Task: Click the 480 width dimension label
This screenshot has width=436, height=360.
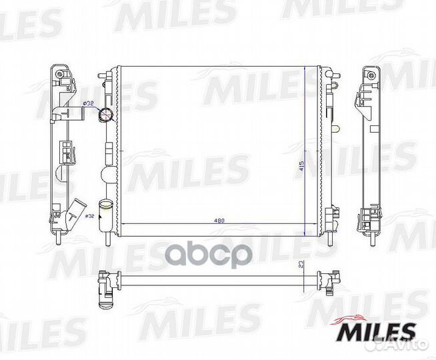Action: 219,221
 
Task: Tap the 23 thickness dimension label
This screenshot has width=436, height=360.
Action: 300,265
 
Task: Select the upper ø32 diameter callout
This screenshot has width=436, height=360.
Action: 88,103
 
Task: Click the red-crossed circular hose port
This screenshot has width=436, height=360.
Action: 106,114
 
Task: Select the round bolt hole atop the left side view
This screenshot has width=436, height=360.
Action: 59,74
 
